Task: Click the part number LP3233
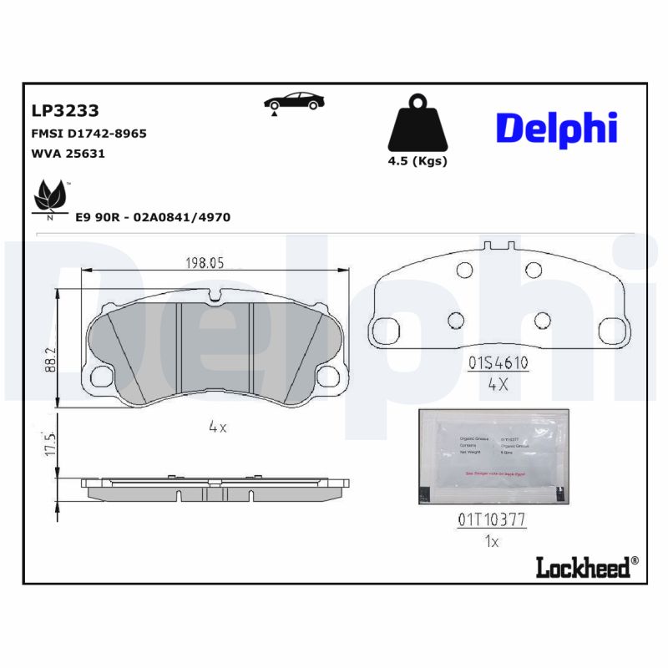point(65,110)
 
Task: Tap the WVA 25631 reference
point(68,154)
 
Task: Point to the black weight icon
point(417,125)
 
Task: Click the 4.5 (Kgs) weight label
point(417,161)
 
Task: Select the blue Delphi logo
point(556,128)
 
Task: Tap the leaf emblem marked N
point(49,199)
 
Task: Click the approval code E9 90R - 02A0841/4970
point(153,217)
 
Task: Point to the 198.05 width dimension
point(205,262)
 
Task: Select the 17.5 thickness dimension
point(50,443)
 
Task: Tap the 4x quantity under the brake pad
point(218,427)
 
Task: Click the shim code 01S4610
point(498,363)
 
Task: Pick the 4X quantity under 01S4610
point(498,386)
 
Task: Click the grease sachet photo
point(493,458)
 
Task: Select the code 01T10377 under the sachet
point(491,519)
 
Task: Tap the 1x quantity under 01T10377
point(491,542)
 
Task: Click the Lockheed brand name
point(581,567)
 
